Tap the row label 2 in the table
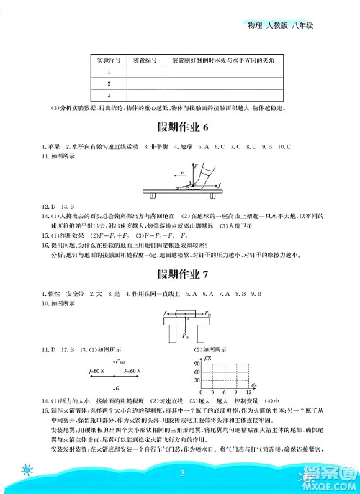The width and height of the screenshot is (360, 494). tap(107, 83)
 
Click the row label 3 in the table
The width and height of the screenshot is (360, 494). tap(107, 94)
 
